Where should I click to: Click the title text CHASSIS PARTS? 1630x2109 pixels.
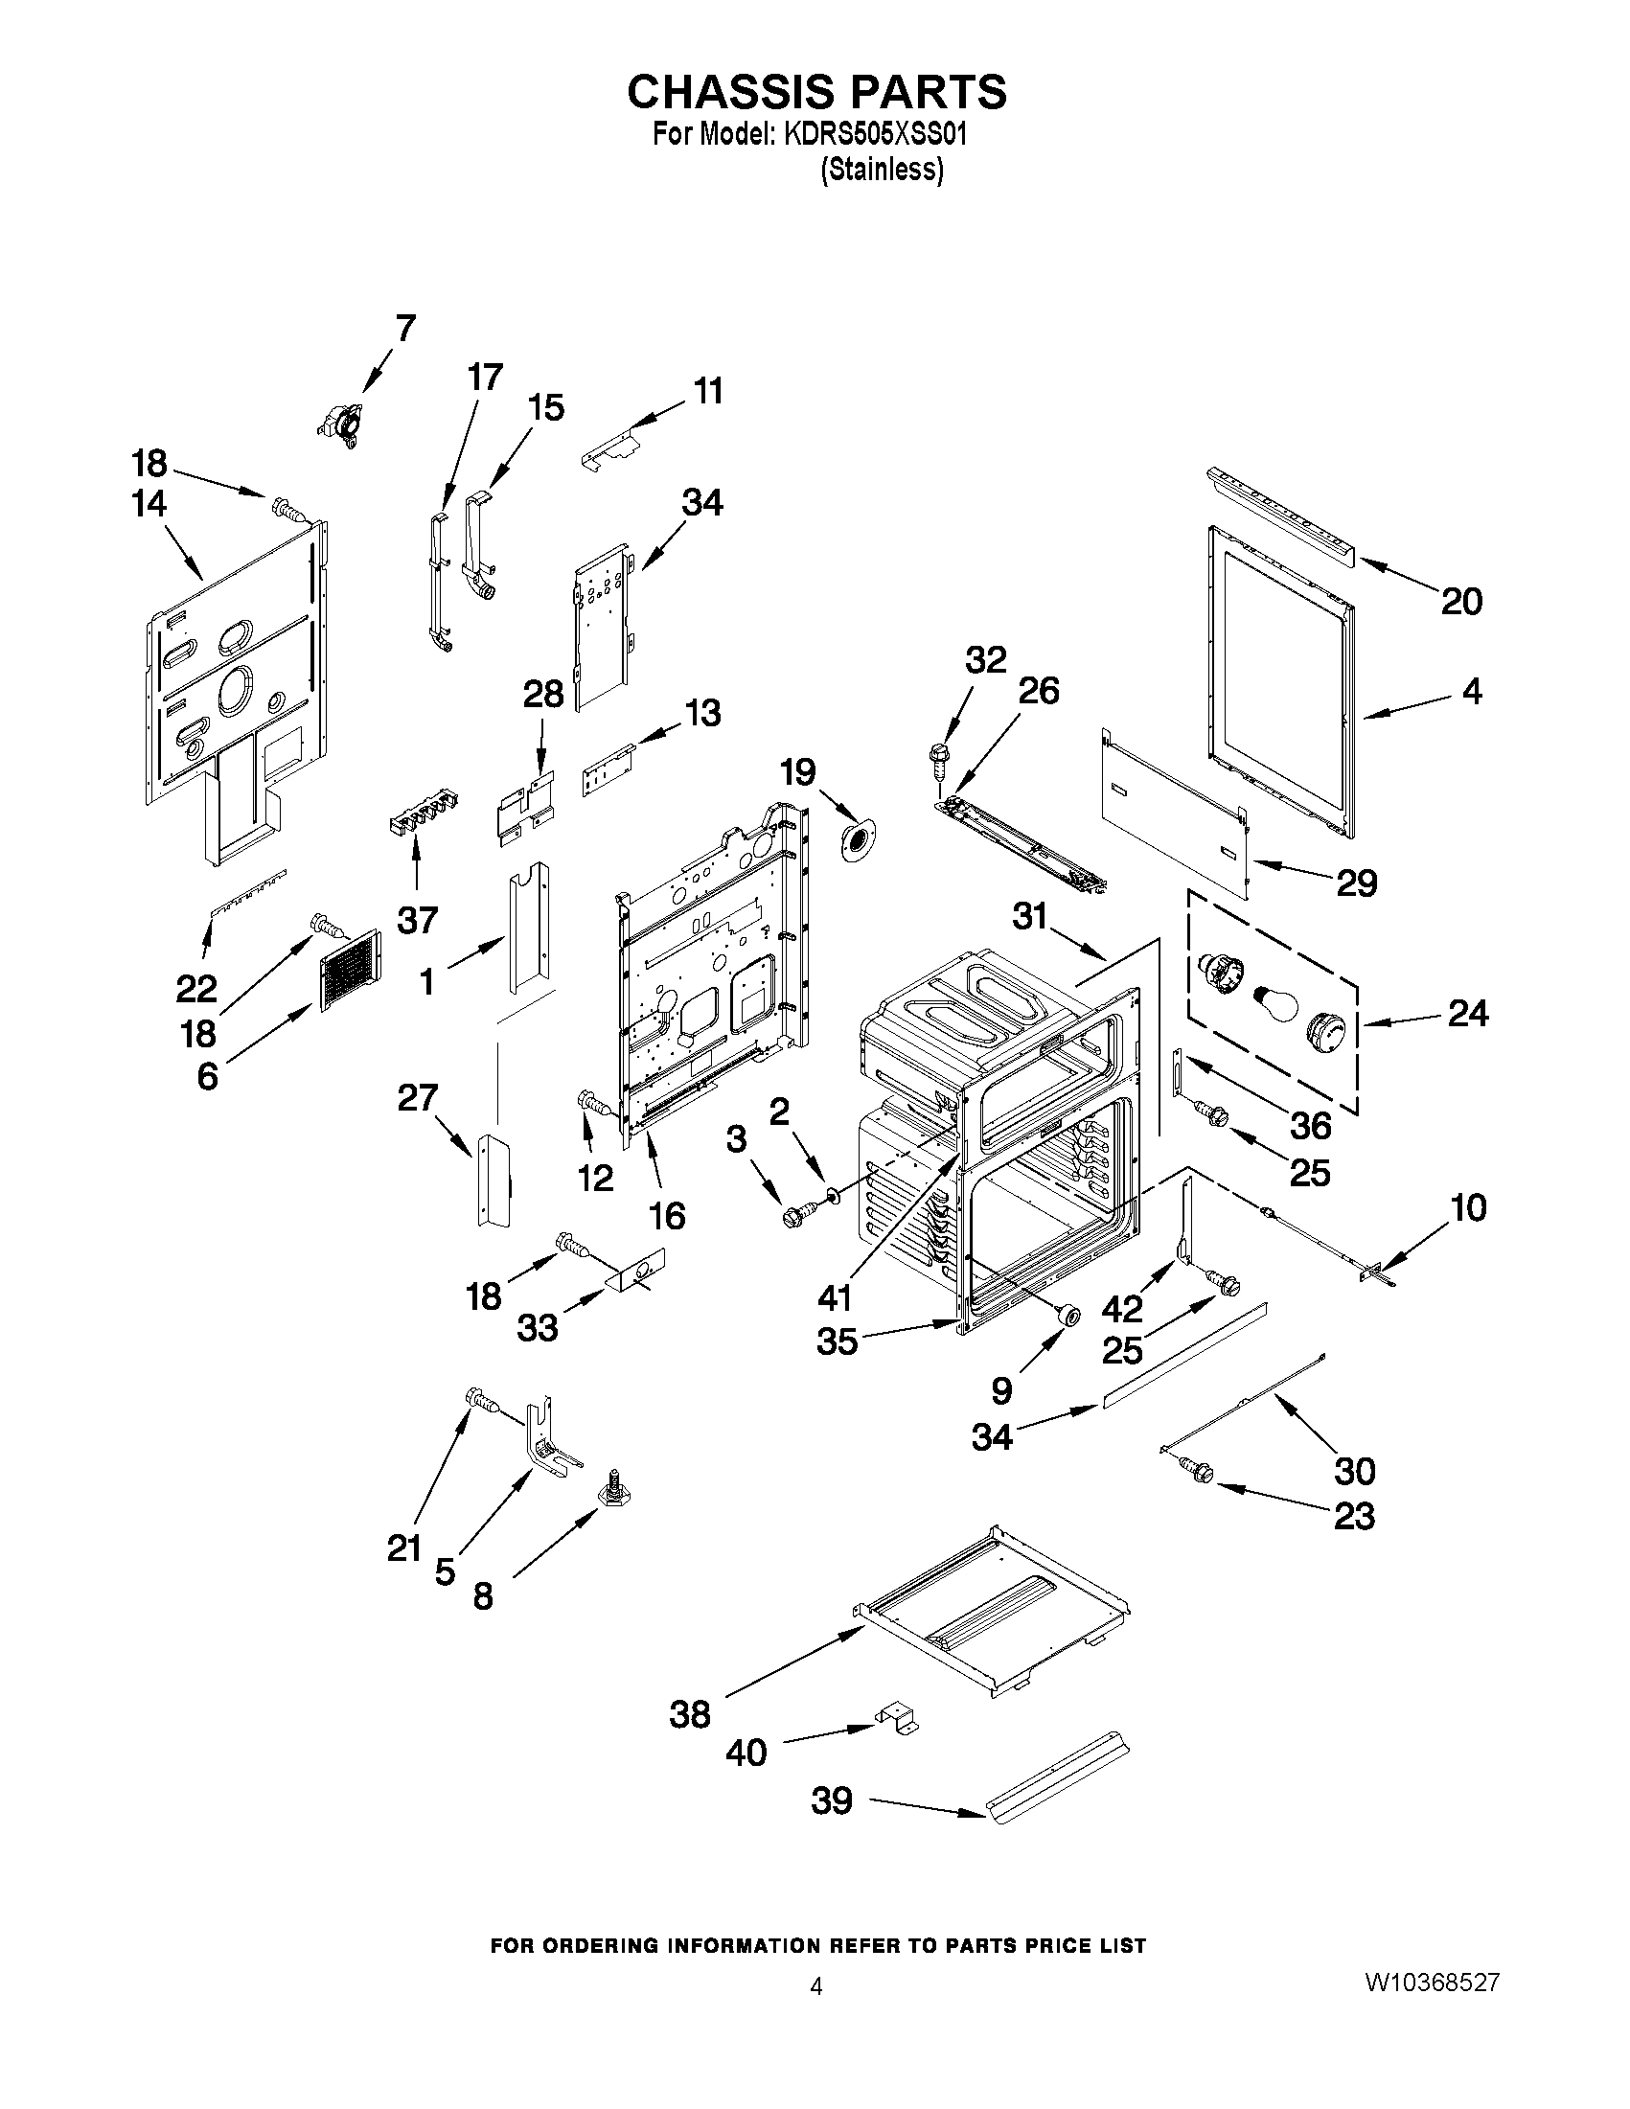tap(816, 92)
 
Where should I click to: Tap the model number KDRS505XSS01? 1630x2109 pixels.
tap(875, 134)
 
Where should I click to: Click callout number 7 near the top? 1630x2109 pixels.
tap(404, 329)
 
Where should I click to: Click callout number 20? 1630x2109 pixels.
tap(1461, 602)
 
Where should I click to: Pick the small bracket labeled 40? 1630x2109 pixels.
tap(898, 1720)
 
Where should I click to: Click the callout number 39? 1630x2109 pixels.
tap(832, 1800)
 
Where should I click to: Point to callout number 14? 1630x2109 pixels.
tap(149, 503)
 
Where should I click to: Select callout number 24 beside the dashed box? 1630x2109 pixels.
tap(1467, 1013)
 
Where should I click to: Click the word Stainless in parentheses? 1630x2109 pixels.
tap(881, 170)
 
